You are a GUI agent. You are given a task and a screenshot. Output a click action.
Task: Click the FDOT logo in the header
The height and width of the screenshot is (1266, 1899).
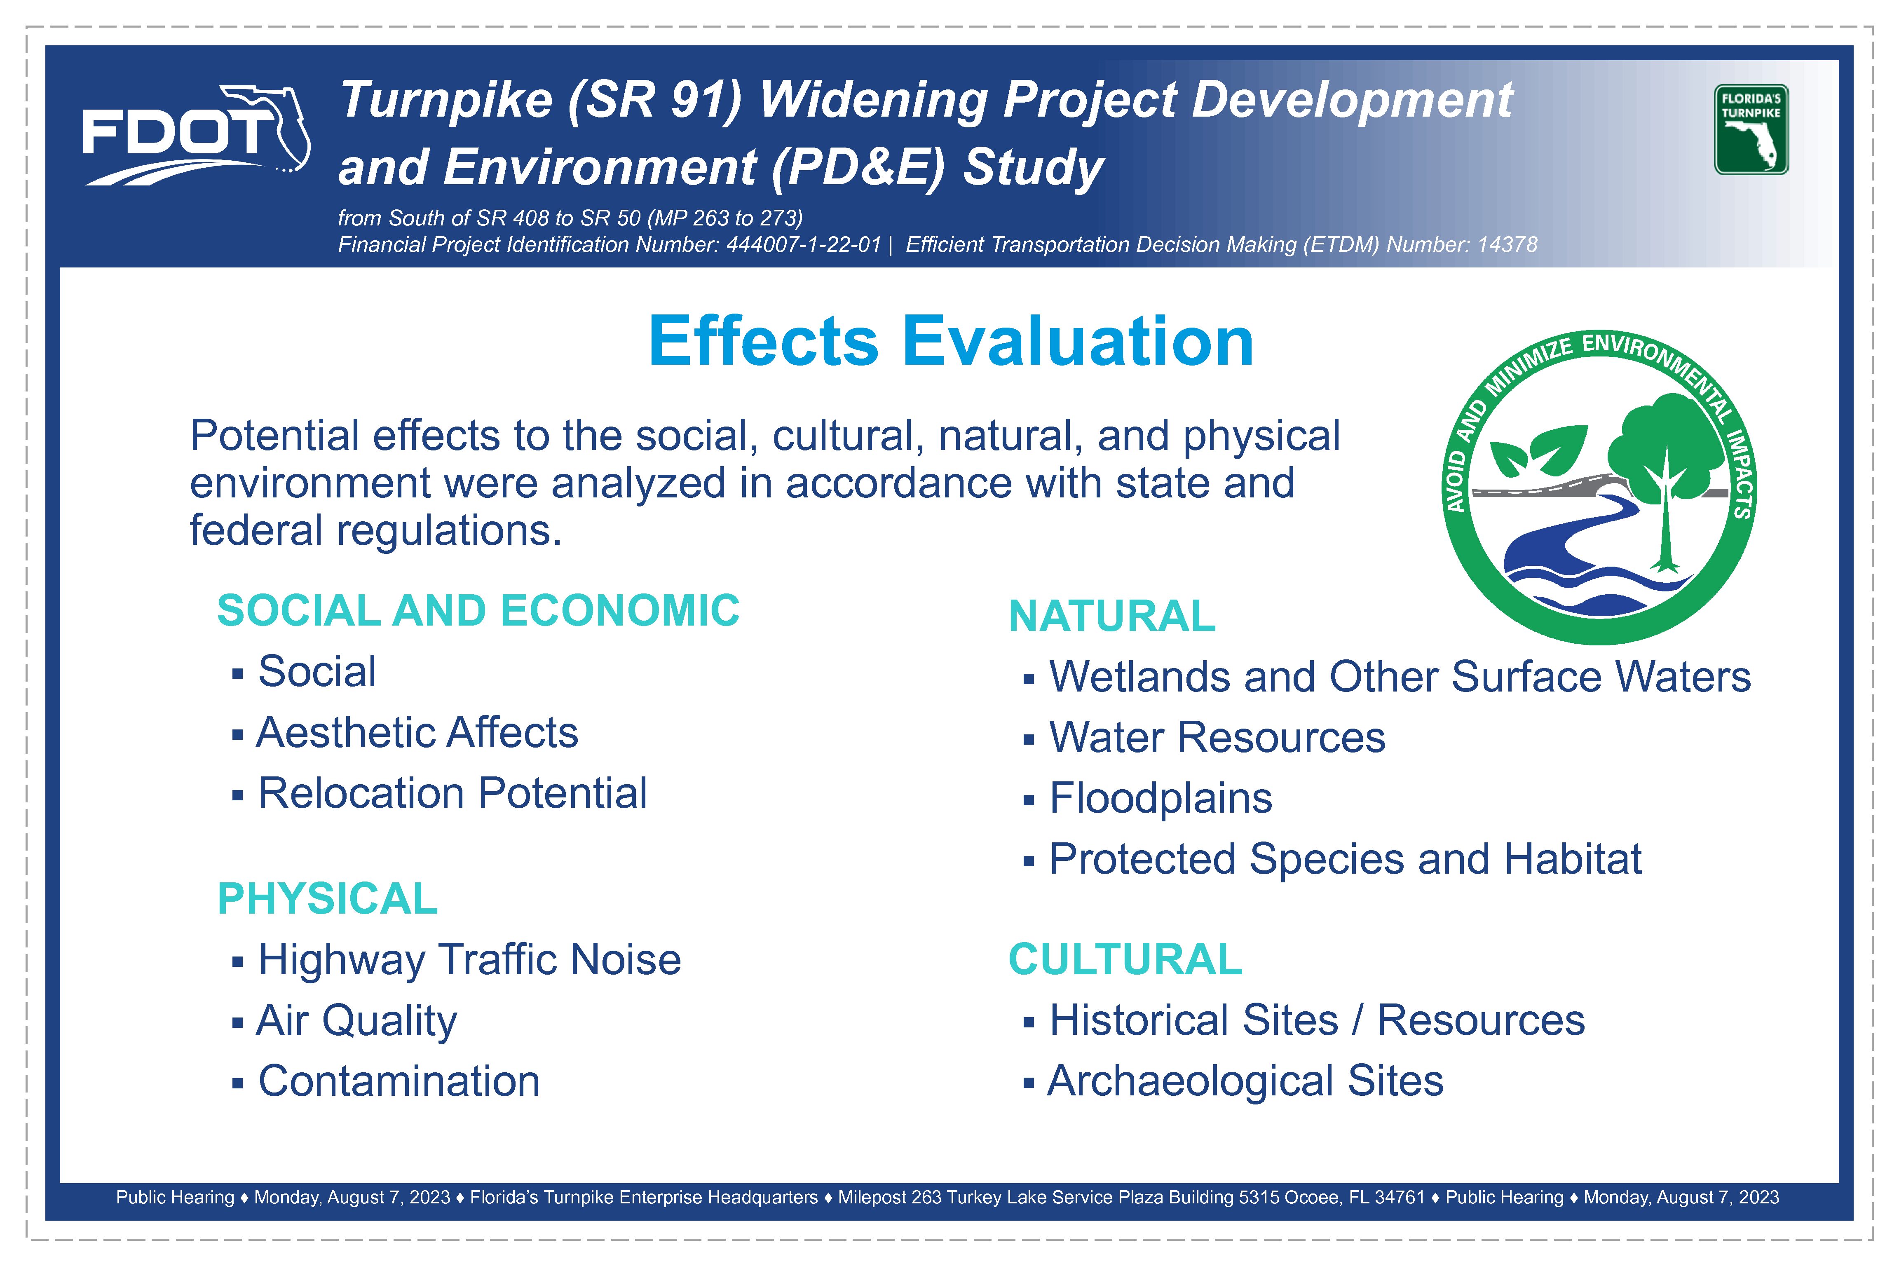(196, 135)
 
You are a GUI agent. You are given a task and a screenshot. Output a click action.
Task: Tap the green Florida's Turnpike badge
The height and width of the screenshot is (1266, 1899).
(1751, 129)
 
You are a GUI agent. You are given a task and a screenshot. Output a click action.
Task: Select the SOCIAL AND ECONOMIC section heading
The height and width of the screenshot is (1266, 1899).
(478, 610)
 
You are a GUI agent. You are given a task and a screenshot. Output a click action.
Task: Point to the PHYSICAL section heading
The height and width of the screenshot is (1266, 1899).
(327, 899)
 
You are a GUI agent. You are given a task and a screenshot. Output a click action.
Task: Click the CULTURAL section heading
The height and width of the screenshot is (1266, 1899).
(1125, 959)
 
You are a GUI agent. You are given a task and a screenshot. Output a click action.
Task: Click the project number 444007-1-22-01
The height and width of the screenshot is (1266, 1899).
(803, 245)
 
